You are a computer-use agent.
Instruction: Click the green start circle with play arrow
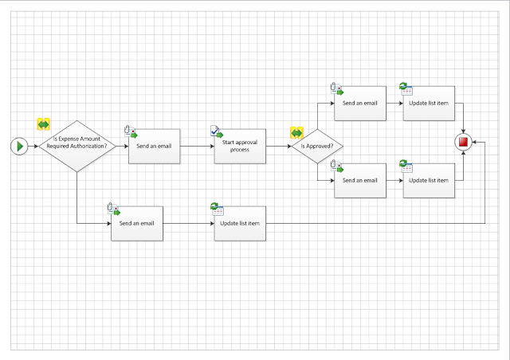pos(20,146)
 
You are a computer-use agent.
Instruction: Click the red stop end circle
pos(464,142)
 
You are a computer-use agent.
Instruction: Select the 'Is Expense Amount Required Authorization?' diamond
pos(77,146)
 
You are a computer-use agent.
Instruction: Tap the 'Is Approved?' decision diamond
pos(317,147)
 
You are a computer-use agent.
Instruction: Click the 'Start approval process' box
pos(240,146)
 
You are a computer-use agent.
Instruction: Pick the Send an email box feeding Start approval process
pos(155,146)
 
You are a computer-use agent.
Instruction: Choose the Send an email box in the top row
pos(359,104)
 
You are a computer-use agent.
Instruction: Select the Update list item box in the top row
pos(428,104)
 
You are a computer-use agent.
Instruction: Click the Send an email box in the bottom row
pos(137,223)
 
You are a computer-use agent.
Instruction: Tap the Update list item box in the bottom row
pos(240,223)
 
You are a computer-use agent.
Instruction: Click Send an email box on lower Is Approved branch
pos(359,180)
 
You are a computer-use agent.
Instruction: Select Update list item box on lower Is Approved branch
pos(428,180)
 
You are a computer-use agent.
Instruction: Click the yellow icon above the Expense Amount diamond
pos(43,124)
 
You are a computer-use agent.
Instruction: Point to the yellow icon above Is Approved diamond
pos(296,133)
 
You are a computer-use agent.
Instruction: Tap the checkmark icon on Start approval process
pos(216,131)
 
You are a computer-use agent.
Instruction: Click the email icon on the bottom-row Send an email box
pos(112,209)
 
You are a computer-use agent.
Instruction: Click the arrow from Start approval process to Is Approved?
pos(277,147)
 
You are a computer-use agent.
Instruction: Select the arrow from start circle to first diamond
pos(33,147)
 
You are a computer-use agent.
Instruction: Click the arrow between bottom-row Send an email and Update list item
pos(188,223)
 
